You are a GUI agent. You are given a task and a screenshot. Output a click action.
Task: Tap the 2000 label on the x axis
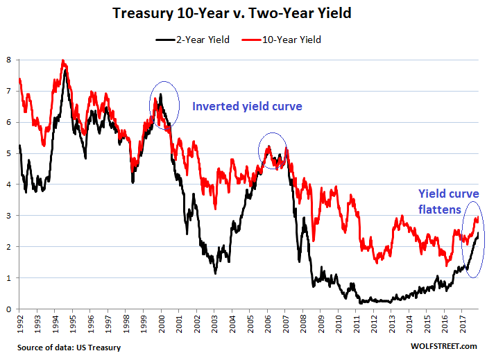tap(161, 323)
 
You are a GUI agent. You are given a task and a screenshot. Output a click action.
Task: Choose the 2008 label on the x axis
tap(303, 323)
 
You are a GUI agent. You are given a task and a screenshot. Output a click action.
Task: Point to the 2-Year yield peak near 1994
tap(65, 70)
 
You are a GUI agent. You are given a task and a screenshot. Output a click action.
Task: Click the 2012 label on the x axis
tap(374, 323)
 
